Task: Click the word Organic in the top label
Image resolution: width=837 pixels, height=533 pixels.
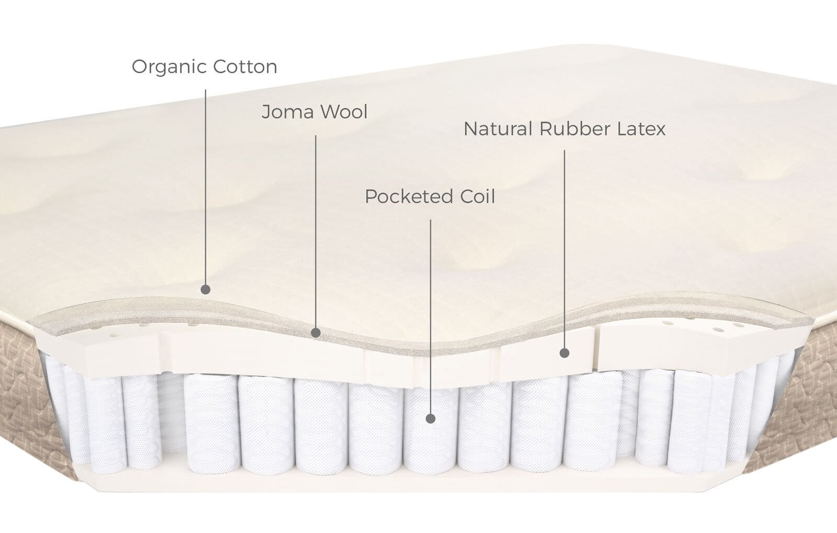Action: click(x=169, y=67)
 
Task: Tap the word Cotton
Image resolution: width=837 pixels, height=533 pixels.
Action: click(x=245, y=67)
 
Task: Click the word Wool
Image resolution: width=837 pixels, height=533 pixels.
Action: click(x=343, y=112)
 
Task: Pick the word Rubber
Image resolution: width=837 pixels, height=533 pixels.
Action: click(x=575, y=129)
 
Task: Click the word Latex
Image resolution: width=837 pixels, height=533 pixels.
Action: click(x=641, y=129)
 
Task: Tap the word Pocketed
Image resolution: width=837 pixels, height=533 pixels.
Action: click(x=409, y=196)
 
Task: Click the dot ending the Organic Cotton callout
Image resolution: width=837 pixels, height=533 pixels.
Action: click(x=206, y=289)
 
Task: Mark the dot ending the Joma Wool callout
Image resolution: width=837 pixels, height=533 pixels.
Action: click(x=316, y=332)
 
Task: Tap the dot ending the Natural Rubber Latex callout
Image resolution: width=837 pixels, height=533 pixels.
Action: click(x=564, y=353)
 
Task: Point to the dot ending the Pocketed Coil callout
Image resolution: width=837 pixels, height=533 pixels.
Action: click(x=431, y=419)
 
